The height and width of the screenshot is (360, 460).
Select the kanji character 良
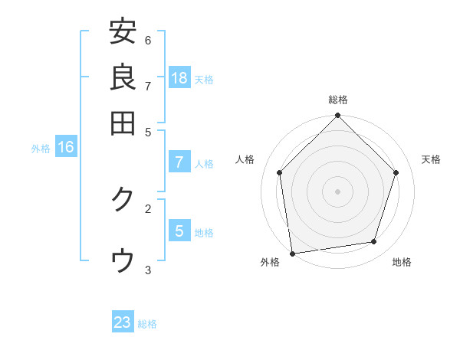tap(123, 77)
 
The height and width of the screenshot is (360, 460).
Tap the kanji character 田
tap(123, 122)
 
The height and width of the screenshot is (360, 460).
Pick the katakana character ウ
tap(123, 261)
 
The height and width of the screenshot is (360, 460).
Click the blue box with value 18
tap(179, 77)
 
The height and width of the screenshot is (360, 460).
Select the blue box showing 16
tap(65, 147)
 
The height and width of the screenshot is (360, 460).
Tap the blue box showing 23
tap(123, 322)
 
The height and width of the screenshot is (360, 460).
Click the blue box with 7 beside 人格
tap(179, 162)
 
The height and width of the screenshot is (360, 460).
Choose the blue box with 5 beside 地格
tap(179, 231)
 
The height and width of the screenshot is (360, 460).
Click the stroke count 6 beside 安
tap(148, 40)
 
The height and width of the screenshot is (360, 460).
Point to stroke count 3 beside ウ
tap(148, 270)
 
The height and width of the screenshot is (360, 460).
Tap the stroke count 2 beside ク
tap(148, 208)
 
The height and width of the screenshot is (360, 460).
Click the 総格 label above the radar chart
tap(338, 100)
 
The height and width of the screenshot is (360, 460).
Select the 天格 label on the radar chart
tap(431, 159)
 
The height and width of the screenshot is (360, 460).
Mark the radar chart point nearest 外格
tap(292, 253)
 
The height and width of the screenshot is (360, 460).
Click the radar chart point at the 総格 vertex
tap(338, 116)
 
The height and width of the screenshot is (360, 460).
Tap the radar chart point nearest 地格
tap(374, 242)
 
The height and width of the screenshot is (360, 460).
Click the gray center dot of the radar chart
tap(338, 191)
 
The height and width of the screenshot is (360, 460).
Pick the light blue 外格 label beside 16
tap(41, 149)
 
